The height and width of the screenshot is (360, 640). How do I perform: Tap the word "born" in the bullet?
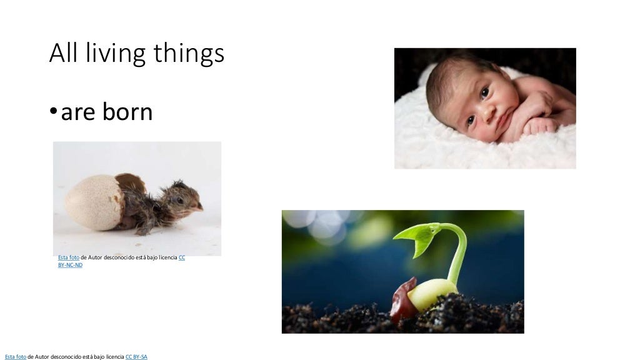click(127, 112)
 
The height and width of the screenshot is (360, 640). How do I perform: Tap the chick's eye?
click(181, 201)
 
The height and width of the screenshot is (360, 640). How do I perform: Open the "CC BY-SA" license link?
click(136, 357)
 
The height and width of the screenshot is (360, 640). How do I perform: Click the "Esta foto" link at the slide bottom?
click(16, 357)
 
